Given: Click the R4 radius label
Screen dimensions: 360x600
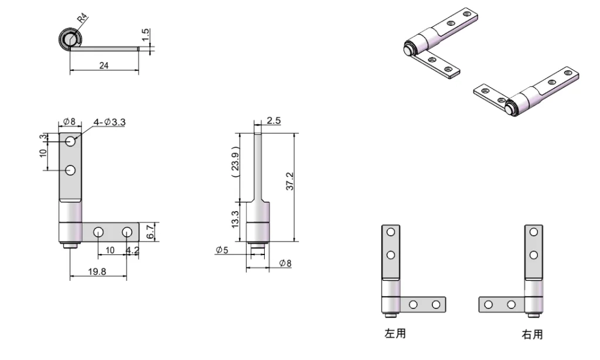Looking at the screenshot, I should [x=83, y=18].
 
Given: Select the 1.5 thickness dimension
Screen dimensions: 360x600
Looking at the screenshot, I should [x=146, y=36].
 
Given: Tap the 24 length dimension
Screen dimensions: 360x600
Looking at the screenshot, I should [x=104, y=66].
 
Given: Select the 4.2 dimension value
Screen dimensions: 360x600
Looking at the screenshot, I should [x=133, y=250].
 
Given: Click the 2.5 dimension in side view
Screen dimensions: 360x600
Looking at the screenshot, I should [x=273, y=121].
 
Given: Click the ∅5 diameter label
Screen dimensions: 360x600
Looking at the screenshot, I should [x=222, y=250].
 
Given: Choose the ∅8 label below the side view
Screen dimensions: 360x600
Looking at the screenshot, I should [x=284, y=263].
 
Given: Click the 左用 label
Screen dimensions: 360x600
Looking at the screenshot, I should [x=394, y=334].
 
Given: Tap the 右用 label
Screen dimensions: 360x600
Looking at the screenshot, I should [x=532, y=334].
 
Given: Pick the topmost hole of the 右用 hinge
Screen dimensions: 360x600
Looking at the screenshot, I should [x=533, y=232].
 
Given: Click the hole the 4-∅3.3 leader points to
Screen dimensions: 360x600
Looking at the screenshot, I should [x=71, y=141].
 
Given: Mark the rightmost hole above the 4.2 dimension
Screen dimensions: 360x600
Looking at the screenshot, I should [x=127, y=232].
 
